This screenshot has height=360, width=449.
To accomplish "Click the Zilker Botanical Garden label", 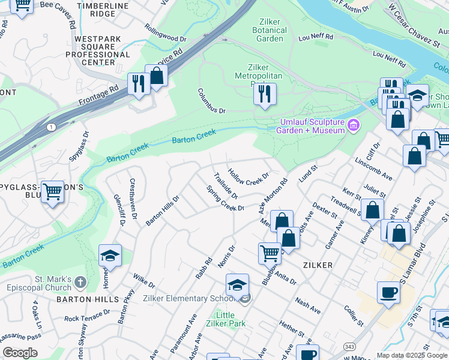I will [x=270, y=30].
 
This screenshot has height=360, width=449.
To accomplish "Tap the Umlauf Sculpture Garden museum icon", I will [x=354, y=125].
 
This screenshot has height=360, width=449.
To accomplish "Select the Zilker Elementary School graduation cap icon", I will [x=238, y=284].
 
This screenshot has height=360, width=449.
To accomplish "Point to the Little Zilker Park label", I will [x=225, y=319].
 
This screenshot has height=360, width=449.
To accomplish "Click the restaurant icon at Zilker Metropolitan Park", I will [x=264, y=94].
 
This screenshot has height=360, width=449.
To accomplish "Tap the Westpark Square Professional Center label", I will [x=98, y=50].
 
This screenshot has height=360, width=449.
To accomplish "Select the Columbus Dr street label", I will [x=211, y=102].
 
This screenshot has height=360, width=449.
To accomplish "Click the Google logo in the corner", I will [x=20, y=353].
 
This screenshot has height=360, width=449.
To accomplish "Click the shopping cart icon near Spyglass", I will [x=53, y=191].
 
